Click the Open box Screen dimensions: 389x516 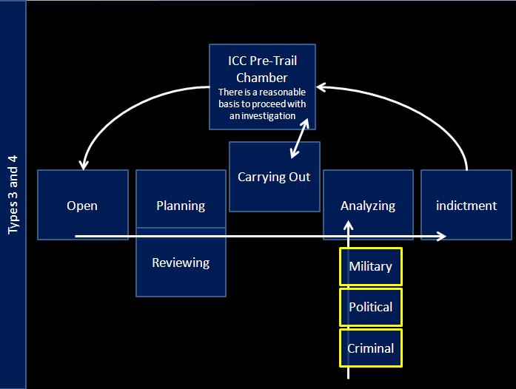coord(81,205)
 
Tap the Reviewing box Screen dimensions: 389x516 coord(181,263)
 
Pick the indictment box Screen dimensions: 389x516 coord(466,205)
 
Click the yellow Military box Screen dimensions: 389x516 coord(370,266)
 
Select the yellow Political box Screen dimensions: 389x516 coord(370,307)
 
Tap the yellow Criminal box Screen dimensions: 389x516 coord(370,348)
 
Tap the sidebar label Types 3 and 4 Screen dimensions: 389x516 coord(13,194)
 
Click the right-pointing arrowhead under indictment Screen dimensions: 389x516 coord(442,236)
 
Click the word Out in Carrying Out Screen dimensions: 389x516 coord(299,177)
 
